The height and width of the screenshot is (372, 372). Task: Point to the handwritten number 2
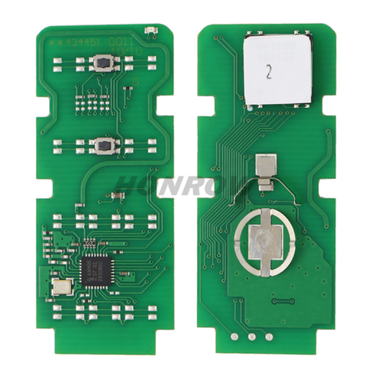(x=269, y=74)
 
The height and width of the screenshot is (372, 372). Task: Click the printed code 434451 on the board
(x=83, y=42)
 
